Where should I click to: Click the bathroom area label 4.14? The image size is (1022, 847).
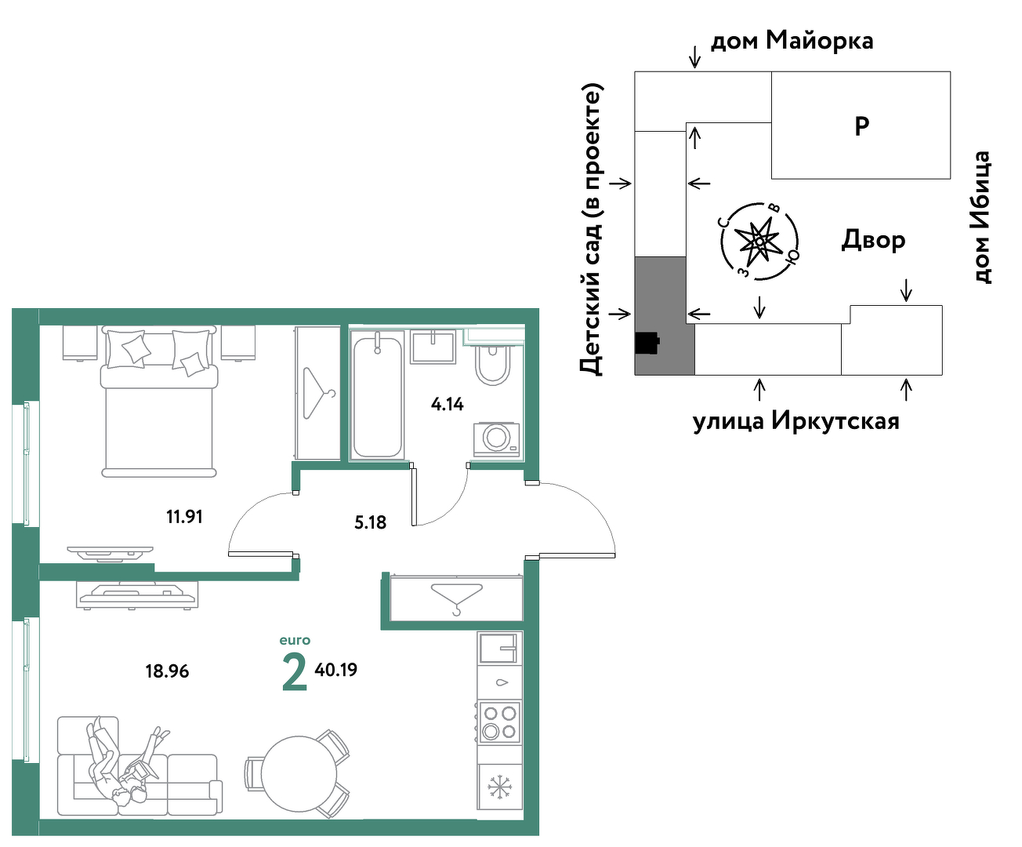tap(447, 404)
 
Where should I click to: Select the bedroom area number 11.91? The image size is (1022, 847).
tap(184, 516)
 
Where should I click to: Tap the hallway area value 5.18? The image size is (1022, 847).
tap(371, 522)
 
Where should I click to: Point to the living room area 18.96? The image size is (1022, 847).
tap(167, 671)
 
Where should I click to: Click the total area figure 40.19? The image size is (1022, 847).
tap(335, 669)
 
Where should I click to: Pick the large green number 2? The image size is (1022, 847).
tap(295, 673)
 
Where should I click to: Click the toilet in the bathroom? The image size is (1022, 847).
tap(494, 365)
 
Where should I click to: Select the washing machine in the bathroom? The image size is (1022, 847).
tap(496, 439)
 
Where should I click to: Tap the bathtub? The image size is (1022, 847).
tap(378, 394)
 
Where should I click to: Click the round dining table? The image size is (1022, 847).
tap(299, 774)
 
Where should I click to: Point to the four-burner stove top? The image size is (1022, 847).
tap(500, 722)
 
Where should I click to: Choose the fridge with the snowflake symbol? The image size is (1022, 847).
tap(500, 787)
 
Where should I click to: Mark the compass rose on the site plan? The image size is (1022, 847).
tap(759, 241)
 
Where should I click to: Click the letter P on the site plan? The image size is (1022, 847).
tap(861, 126)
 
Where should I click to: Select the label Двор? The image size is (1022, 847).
tap(873, 241)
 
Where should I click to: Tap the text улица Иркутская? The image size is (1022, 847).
tap(796, 420)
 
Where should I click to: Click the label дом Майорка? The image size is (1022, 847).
tap(792, 41)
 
